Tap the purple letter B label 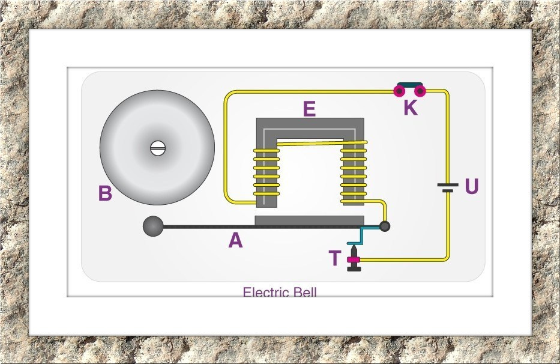(105, 194)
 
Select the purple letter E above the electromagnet (309, 109)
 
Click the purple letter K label (410, 108)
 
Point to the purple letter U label (472, 187)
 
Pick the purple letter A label (235, 241)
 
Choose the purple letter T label (335, 258)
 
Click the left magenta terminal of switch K (399, 91)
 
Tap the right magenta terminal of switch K (420, 91)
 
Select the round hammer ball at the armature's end (152, 226)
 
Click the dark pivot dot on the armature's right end (385, 226)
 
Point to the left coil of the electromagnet (266, 173)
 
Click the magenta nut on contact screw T (353, 259)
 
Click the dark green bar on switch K (409, 85)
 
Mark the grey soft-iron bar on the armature (309, 220)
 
